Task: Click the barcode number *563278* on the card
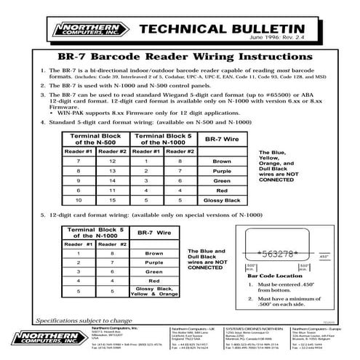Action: point(277,255)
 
